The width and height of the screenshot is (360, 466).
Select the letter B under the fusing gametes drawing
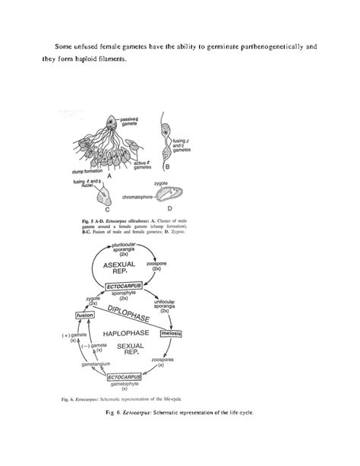click(x=166, y=166)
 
